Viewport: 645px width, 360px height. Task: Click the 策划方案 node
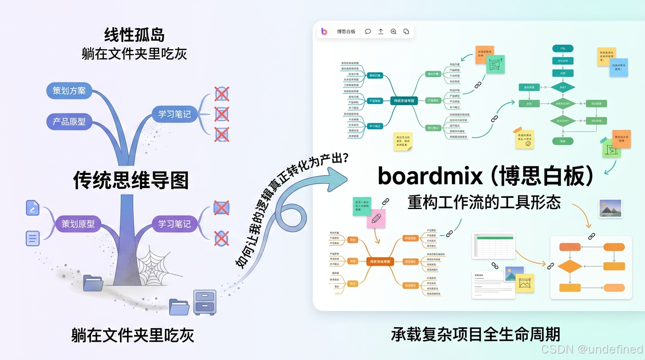69,90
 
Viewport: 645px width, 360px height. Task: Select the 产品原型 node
69,121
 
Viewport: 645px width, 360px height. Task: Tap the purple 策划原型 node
78,224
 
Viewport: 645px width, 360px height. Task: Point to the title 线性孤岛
134,35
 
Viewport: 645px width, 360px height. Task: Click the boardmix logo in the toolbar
324,31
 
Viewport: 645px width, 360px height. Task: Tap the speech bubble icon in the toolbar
368,31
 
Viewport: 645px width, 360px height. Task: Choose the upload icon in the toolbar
381,31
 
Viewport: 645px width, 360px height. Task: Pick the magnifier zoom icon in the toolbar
393,31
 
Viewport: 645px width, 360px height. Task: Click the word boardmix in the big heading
430,177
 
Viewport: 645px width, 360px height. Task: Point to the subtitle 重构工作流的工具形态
484,202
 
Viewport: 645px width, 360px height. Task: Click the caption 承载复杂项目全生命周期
475,335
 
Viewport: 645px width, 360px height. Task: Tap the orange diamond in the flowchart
570,266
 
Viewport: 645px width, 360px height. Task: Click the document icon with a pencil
32,208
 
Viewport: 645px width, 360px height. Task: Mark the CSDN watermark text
592,349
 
